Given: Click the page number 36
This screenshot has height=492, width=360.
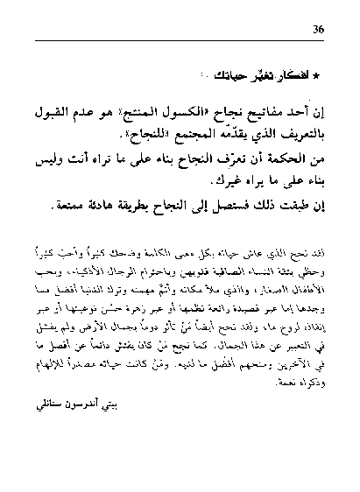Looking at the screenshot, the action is click(x=318, y=29).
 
